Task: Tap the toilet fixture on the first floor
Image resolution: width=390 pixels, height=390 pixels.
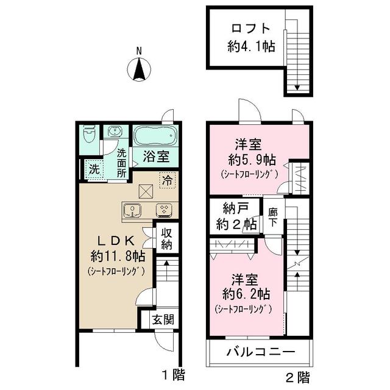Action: pos(89,134)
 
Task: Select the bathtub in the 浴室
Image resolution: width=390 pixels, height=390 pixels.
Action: pos(155,136)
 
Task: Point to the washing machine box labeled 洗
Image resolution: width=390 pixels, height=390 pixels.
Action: pos(94,169)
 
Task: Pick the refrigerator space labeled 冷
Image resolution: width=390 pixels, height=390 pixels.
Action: pos(168,180)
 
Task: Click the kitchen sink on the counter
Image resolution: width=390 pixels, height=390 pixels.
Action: pos(132,211)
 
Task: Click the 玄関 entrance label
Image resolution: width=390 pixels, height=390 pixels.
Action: pos(163,319)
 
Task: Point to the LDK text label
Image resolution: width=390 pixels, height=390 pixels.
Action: pos(117,240)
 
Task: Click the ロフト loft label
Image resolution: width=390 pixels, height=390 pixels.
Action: pos(250,29)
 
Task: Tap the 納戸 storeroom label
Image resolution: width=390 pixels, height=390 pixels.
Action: pos(236,208)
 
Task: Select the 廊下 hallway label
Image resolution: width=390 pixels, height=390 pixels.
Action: pos(273,217)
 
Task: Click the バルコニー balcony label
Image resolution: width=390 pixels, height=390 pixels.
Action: pos(261,352)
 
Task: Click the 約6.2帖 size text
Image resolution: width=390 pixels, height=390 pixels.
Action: pos(246,294)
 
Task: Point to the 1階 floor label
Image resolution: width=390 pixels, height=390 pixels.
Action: pos(173,375)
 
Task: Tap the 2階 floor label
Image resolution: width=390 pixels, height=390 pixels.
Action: pos(297,377)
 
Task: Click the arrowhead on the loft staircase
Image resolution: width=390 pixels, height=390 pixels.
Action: pos(297,87)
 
